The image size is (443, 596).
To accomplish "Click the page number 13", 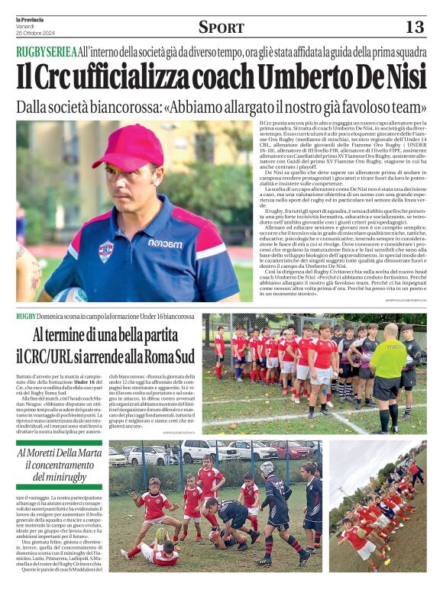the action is click(x=414, y=27).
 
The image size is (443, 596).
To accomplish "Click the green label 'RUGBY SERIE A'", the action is click(x=46, y=52).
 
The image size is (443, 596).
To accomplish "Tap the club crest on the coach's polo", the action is click(x=105, y=250).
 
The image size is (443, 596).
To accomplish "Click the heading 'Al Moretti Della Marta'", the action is click(x=59, y=453).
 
